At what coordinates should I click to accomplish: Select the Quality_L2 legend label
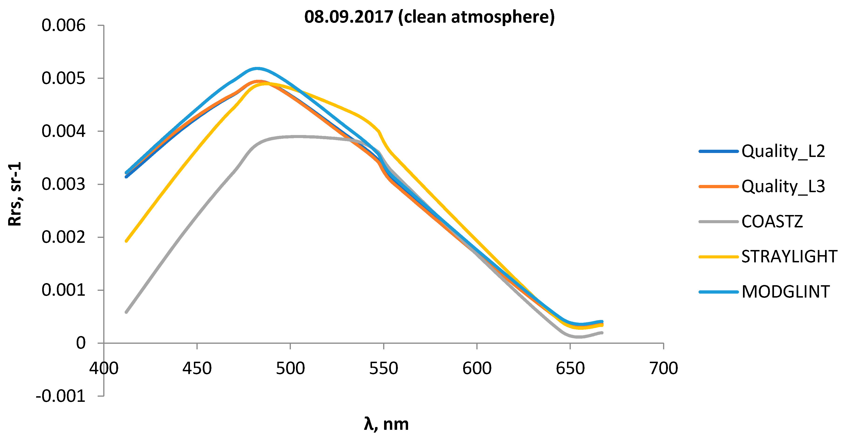click(783, 152)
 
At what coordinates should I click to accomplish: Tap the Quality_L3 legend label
click(783, 187)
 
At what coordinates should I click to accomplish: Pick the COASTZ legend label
click(772, 222)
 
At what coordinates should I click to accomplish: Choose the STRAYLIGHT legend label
click(789, 257)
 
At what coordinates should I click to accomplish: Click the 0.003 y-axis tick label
click(63, 184)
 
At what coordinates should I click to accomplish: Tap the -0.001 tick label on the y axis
click(61, 396)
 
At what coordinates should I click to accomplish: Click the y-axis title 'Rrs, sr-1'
click(15, 194)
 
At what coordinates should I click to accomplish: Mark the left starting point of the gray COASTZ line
click(127, 312)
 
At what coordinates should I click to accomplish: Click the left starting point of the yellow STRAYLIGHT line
click(127, 241)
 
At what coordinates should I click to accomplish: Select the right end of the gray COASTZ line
click(602, 333)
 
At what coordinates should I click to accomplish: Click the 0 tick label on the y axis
click(81, 343)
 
